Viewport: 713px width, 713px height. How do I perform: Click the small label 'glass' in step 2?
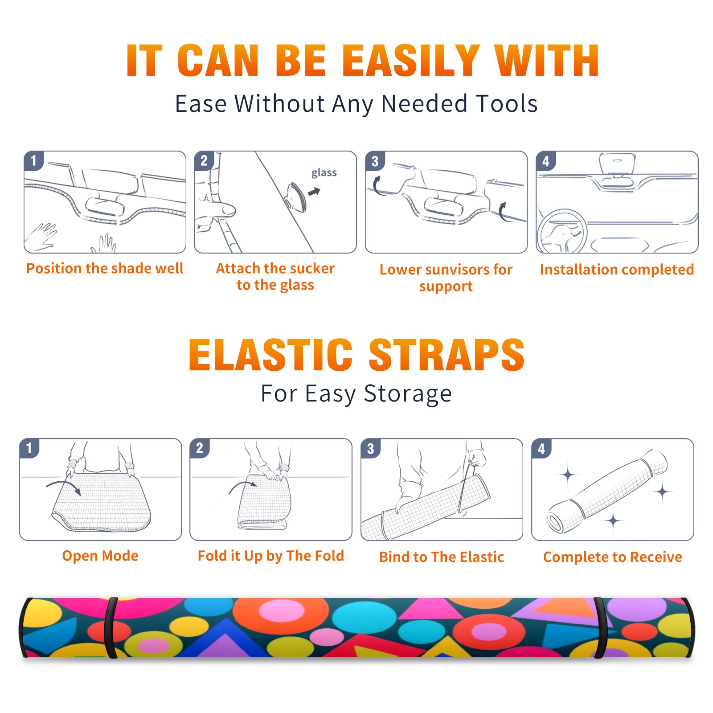click(x=324, y=173)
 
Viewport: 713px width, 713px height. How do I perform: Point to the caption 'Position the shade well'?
click(x=105, y=268)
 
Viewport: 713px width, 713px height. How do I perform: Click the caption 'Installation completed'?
click(x=617, y=270)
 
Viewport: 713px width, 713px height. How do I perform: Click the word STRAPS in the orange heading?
click(x=447, y=355)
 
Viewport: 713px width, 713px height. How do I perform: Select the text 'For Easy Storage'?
click(x=356, y=394)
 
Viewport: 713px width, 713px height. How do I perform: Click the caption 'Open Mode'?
click(x=100, y=556)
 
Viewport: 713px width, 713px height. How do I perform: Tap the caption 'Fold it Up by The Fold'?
click(x=271, y=556)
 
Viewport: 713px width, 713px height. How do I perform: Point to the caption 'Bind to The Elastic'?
click(x=442, y=557)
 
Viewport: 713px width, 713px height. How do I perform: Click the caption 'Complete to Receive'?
click(x=613, y=557)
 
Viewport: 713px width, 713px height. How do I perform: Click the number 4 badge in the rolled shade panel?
click(x=541, y=448)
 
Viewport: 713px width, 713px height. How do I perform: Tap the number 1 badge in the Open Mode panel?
click(x=29, y=448)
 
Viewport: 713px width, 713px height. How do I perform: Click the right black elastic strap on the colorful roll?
click(x=600, y=627)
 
